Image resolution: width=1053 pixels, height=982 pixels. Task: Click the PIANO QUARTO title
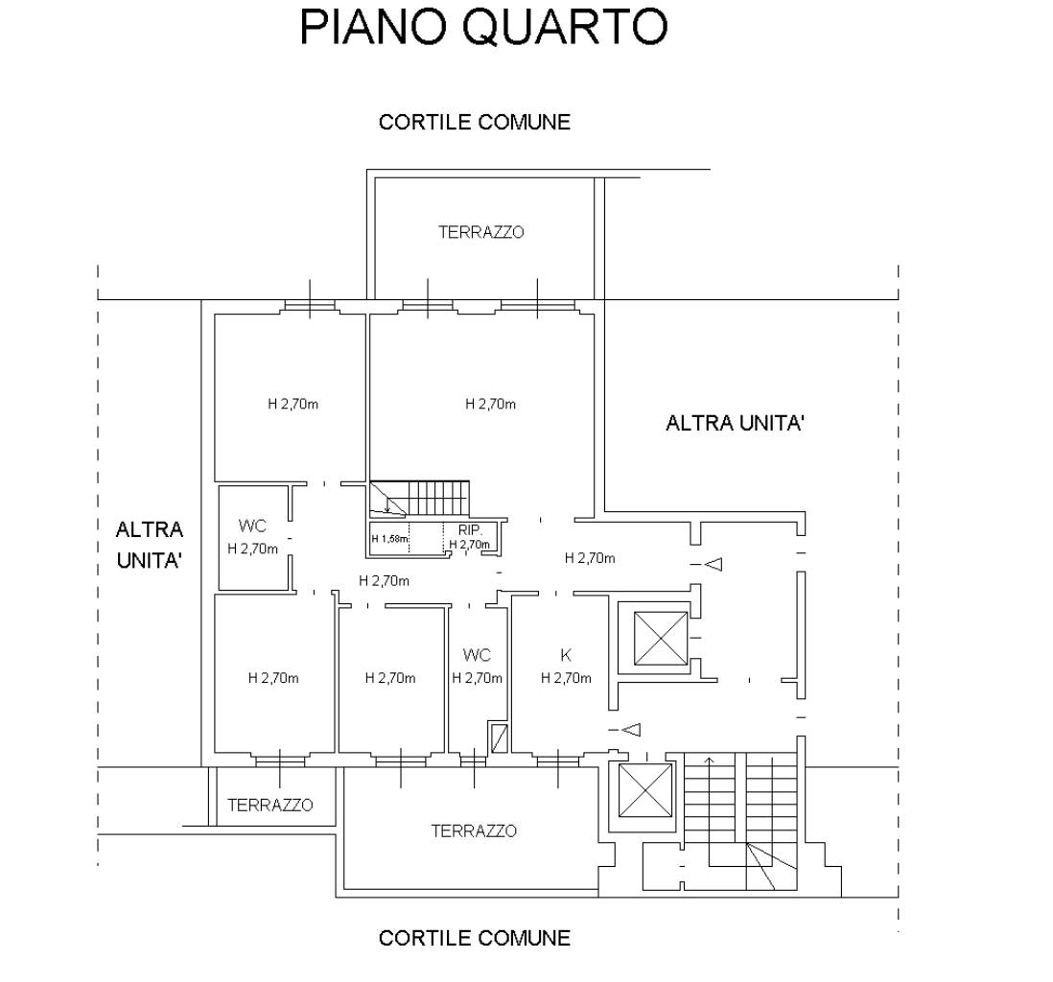(x=482, y=28)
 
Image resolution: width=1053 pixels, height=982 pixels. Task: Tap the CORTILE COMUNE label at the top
(x=474, y=122)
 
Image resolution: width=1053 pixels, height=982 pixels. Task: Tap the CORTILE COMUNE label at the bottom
(x=474, y=937)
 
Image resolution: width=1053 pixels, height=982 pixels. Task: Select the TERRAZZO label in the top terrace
(x=481, y=232)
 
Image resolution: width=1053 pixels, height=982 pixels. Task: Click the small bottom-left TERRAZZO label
(x=269, y=805)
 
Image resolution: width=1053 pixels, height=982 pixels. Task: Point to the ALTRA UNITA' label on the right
(x=734, y=423)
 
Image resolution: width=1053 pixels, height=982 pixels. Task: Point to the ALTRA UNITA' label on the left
(x=150, y=545)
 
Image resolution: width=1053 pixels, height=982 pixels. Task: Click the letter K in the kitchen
(x=566, y=656)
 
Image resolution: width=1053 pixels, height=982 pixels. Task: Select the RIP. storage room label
(x=470, y=529)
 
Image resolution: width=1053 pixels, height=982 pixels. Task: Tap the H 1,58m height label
(x=389, y=539)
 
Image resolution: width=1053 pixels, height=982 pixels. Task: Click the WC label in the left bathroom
(x=253, y=526)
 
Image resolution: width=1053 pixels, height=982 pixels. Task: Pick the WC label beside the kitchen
(x=477, y=655)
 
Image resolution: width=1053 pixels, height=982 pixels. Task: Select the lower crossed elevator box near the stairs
(x=643, y=792)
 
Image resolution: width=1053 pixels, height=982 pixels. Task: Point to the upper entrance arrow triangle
(x=713, y=565)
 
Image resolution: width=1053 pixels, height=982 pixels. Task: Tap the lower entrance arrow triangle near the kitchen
(x=630, y=730)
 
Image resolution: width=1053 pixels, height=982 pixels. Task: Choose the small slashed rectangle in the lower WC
(x=498, y=738)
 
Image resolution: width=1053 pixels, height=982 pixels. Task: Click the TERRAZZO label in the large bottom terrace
(x=474, y=830)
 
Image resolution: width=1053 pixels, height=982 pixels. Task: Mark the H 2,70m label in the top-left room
(x=292, y=404)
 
